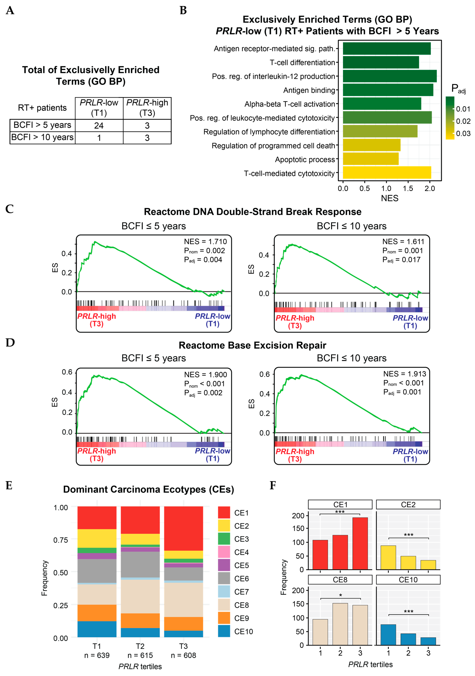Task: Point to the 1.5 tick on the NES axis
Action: click(408, 188)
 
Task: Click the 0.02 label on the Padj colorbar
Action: click(463, 121)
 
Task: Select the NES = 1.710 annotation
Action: click(205, 242)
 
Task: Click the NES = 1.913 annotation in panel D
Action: click(404, 374)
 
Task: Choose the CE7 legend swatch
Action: click(224, 592)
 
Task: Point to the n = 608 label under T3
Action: click(183, 655)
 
